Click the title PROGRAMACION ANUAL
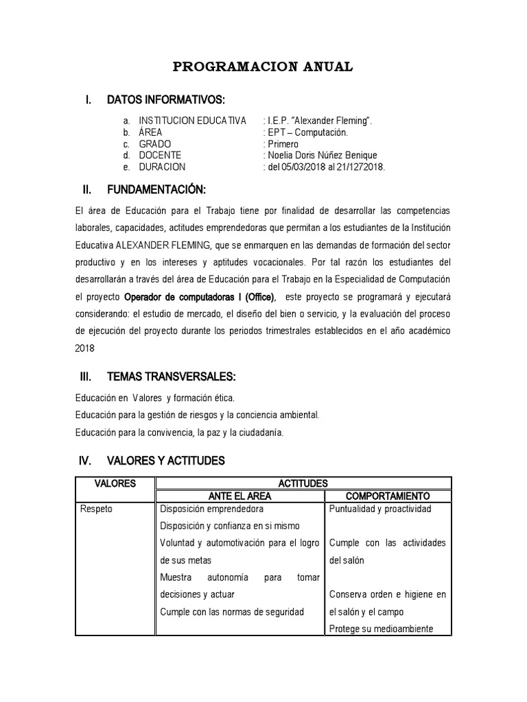[263, 66]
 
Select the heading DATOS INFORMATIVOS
[166, 100]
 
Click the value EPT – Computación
[307, 132]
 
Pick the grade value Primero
[282, 144]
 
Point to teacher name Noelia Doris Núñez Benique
[322, 155]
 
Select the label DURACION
[162, 167]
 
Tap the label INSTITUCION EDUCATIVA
[192, 121]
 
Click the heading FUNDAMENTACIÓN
[156, 189]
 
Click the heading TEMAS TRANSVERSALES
[172, 377]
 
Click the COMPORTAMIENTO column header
[388, 496]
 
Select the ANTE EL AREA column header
[239, 496]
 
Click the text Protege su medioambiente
[381, 629]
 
